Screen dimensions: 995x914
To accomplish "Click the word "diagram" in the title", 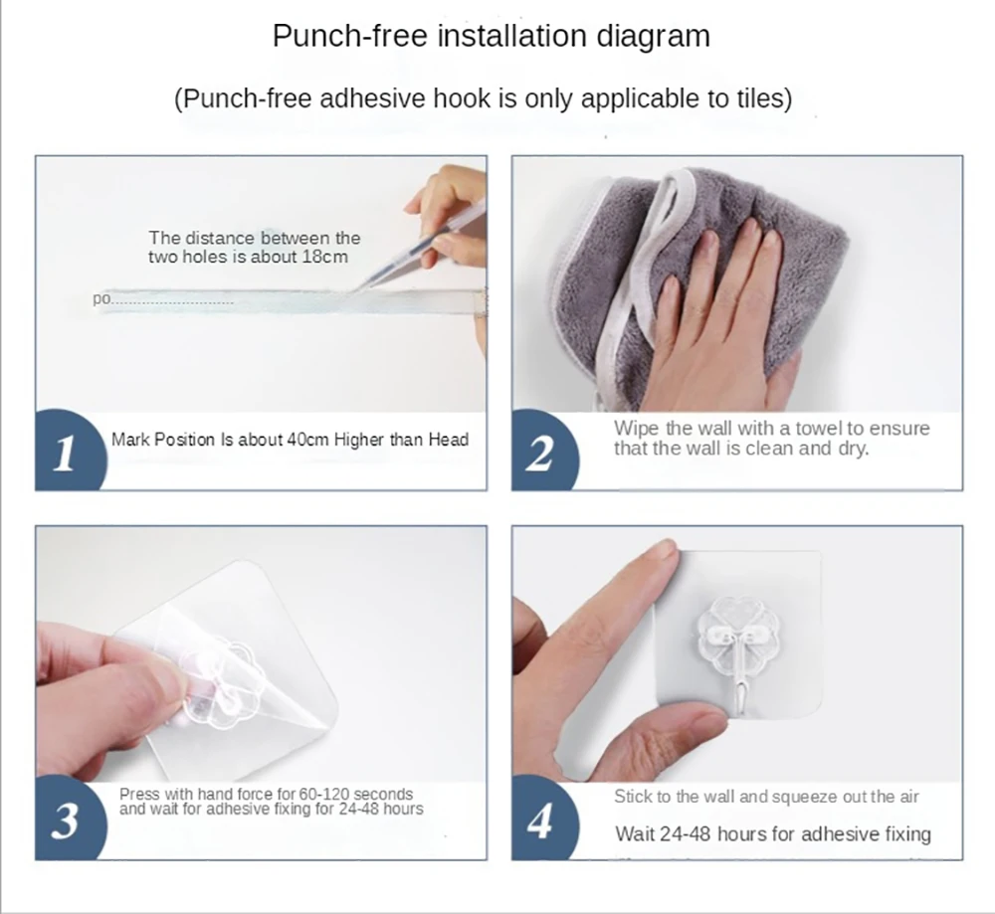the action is [x=653, y=37].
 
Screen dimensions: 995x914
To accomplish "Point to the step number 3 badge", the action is [x=67, y=820].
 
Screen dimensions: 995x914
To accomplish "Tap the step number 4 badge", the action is [x=542, y=821].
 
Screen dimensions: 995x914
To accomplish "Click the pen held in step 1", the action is [x=407, y=259].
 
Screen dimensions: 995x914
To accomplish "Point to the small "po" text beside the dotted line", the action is [x=101, y=298].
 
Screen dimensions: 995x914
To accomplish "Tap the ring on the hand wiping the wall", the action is [x=696, y=308].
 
